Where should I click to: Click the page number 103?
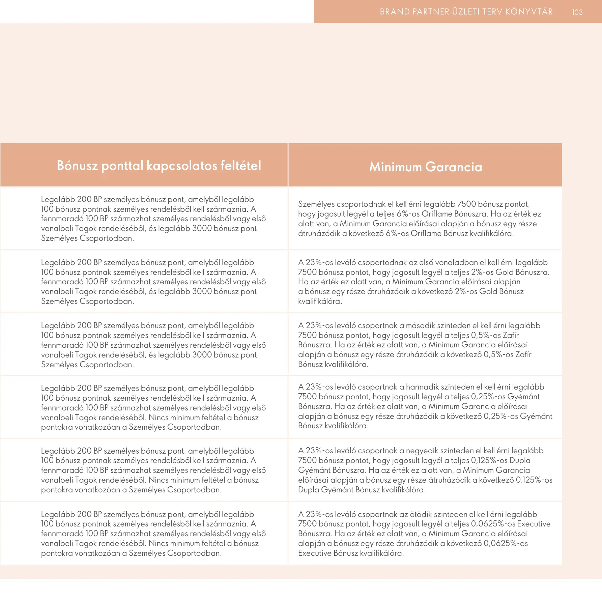pyautogui.click(x=577, y=12)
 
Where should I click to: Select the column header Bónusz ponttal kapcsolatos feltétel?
pyautogui.click(x=159, y=166)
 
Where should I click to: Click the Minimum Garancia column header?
pyautogui.click(x=425, y=167)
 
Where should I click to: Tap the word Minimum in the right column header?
pyautogui.click(x=395, y=167)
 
